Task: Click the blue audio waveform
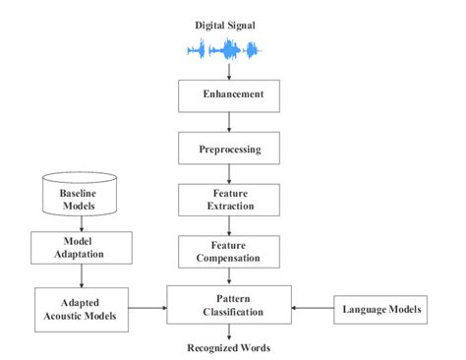(x=228, y=49)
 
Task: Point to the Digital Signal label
(x=228, y=22)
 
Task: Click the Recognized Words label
(x=228, y=347)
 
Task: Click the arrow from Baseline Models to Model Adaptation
(x=75, y=224)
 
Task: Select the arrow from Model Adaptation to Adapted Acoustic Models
(x=75, y=277)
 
